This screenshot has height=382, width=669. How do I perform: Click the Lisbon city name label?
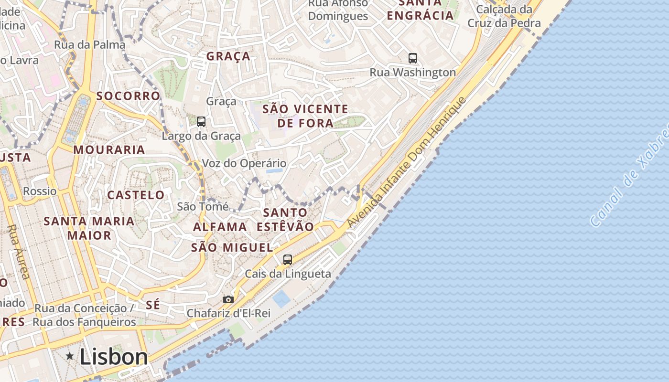(x=114, y=357)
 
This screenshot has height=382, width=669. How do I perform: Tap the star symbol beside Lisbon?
(x=70, y=356)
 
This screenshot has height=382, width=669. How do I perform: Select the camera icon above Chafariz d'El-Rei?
(x=228, y=299)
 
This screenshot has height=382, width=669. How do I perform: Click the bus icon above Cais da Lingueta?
(x=287, y=260)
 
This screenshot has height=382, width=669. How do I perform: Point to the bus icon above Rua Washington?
(x=413, y=58)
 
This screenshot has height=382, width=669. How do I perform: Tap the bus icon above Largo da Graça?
(x=201, y=122)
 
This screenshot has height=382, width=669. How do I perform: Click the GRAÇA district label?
(x=228, y=56)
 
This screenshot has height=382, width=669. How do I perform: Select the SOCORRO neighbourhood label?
(x=128, y=96)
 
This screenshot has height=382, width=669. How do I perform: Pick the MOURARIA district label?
(x=109, y=150)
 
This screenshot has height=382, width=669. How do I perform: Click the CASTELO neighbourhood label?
(x=136, y=195)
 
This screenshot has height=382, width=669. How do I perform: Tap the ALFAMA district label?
(x=220, y=227)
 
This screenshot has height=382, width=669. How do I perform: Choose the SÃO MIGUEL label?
(x=232, y=247)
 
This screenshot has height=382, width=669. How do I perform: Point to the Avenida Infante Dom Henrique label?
(x=406, y=162)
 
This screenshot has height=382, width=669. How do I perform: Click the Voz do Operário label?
(x=244, y=163)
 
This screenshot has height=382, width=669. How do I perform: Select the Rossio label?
(x=40, y=191)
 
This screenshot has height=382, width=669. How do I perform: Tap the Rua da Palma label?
(x=90, y=45)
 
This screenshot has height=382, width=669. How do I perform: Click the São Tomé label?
(x=203, y=207)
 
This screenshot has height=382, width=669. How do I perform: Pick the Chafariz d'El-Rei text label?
(x=228, y=313)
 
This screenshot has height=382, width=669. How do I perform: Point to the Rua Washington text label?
(x=413, y=73)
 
